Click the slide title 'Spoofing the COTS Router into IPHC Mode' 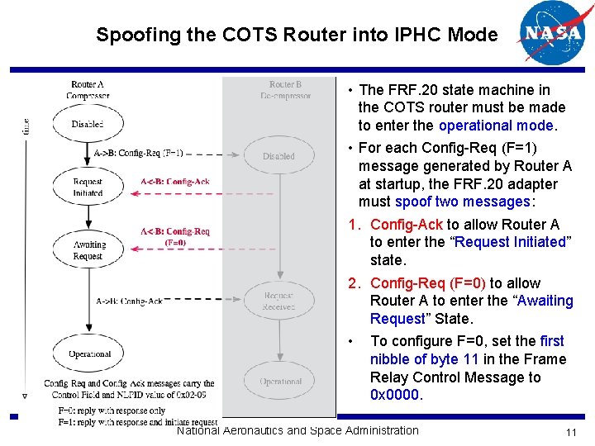point(297,35)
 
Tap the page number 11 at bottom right point(570,434)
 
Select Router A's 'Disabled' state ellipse point(87,124)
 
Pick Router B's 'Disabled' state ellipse point(278,156)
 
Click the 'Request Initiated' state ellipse point(88,187)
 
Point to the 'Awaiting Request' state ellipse point(88,250)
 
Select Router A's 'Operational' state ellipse point(88,354)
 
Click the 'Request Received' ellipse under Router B point(278,301)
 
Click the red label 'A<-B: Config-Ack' point(174,182)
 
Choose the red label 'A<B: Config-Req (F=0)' point(175,237)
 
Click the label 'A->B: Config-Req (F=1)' point(139,153)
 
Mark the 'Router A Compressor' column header point(88,90)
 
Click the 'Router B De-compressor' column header point(285,90)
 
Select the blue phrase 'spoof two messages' point(462,202)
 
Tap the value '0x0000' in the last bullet point(396,396)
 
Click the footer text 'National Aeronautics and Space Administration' point(297,430)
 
